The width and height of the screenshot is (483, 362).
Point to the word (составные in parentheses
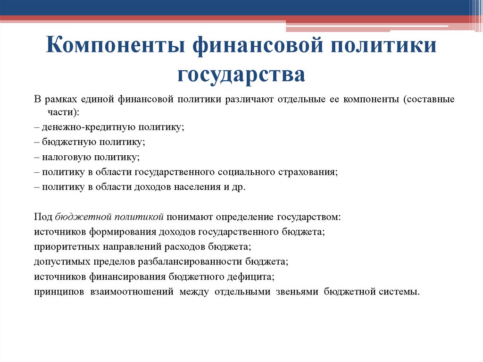pos(428,100)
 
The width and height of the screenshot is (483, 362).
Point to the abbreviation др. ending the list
pos(239,187)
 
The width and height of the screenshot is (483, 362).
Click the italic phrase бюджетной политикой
pos(109,218)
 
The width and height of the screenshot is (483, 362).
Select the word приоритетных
pos(67,246)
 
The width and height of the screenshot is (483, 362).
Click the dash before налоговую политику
pos(36,157)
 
